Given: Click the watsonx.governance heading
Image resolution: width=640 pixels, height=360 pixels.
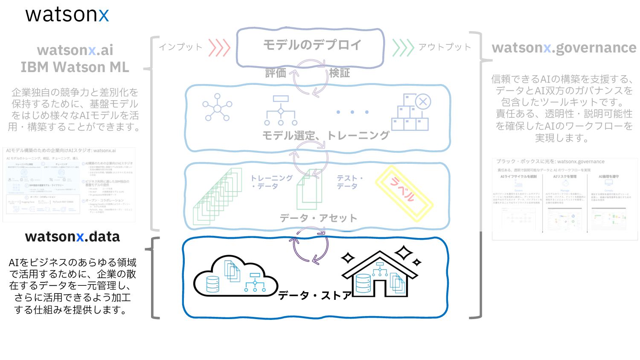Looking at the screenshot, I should click(564, 48).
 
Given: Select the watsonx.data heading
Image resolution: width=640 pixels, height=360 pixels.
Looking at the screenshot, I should click(73, 237).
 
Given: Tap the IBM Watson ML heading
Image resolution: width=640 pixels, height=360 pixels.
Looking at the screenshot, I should click(75, 67).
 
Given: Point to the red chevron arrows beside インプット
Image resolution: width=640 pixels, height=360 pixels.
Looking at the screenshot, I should click(219, 47).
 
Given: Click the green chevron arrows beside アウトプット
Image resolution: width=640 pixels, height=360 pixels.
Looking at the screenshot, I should click(403, 47).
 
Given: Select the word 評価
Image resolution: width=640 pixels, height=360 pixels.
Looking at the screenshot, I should click(276, 73).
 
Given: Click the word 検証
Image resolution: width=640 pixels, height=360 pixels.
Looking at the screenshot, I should click(340, 73).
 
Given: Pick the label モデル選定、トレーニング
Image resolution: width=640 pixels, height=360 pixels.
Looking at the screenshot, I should click(326, 136).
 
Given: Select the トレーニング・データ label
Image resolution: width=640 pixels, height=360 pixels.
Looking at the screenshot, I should click(271, 182).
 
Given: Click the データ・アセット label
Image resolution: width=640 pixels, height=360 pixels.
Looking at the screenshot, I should click(318, 218).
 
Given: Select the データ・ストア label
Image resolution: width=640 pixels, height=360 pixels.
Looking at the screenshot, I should click(315, 295).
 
